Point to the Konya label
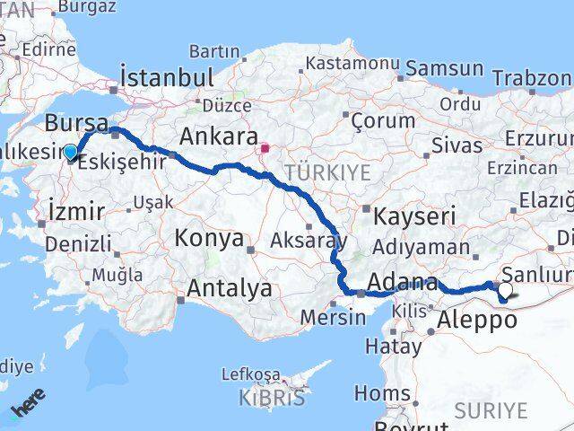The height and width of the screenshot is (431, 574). pyautogui.click(x=209, y=238)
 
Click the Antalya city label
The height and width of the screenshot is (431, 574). pyautogui.click(x=230, y=288)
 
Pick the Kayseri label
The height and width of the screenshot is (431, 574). pyautogui.click(x=414, y=215)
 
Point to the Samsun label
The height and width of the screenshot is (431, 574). pyautogui.click(x=444, y=68)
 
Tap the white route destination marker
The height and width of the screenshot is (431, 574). pyautogui.click(x=504, y=291)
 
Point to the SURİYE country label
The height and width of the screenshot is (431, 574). pyautogui.click(x=491, y=410)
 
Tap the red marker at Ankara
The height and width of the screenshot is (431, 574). pyautogui.click(x=265, y=149)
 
